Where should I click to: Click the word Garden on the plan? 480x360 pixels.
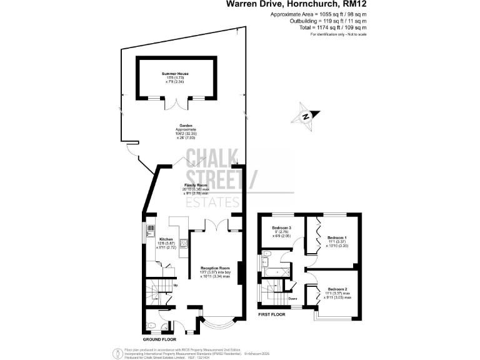[x=186, y=125]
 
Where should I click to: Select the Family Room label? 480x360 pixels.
[x=194, y=186]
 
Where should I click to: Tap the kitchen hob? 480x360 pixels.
[x=183, y=244]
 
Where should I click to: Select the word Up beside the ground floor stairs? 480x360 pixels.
[x=175, y=286]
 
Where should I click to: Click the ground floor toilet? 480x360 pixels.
[x=152, y=324]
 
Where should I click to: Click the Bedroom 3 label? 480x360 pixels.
[x=281, y=227]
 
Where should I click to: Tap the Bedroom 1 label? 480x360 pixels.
[x=336, y=237]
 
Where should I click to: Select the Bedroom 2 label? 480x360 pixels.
[x=337, y=289]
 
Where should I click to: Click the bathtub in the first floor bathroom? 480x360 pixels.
[x=273, y=271]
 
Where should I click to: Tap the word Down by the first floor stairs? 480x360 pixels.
[x=292, y=298]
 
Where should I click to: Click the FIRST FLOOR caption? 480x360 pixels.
[x=272, y=314]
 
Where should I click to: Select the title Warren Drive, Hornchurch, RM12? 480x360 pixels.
[x=296, y=4]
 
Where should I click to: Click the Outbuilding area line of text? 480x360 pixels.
[x=318, y=21]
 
